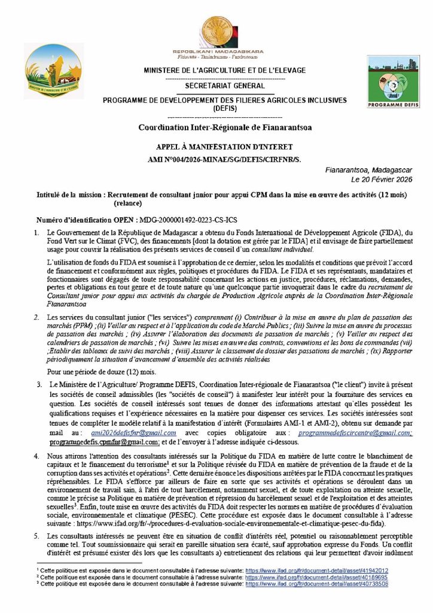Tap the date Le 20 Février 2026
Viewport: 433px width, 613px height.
[x=388, y=179]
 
